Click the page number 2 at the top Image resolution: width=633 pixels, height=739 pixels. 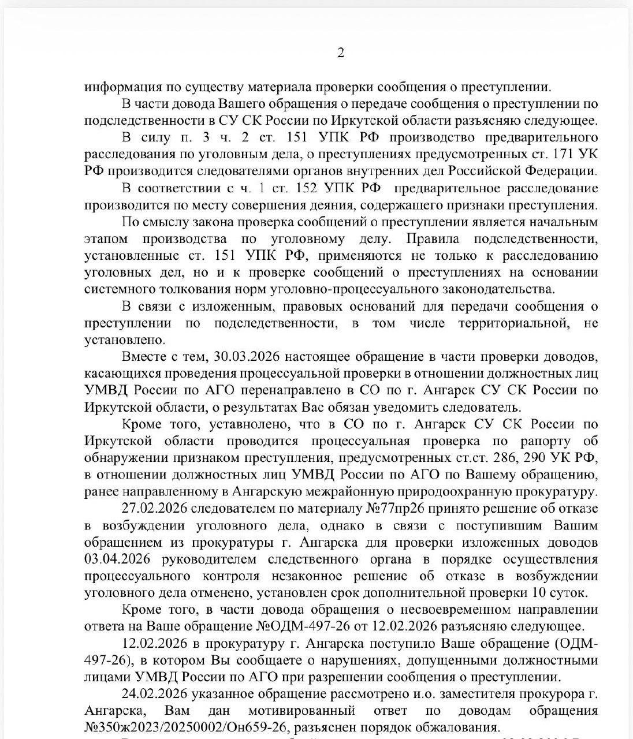click(340, 53)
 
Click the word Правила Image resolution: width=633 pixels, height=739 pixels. click(433, 239)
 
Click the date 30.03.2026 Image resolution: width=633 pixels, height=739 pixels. click(248, 357)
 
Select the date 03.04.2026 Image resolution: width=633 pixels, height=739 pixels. click(117, 559)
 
